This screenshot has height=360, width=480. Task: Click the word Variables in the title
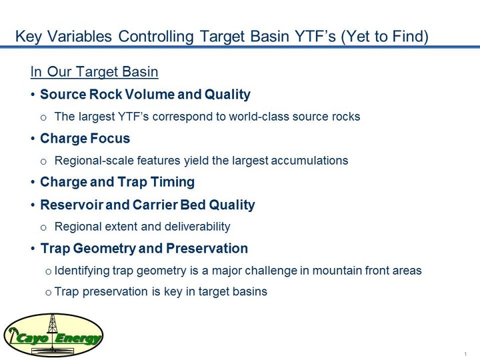80,36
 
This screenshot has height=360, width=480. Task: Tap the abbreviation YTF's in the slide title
315,36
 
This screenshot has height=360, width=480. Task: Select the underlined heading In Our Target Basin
94,72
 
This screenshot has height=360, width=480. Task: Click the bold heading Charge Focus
85,139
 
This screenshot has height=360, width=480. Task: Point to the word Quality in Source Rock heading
227,95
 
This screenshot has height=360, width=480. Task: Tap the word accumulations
309,161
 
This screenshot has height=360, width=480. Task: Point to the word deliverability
197,227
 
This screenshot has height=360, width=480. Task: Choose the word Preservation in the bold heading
207,248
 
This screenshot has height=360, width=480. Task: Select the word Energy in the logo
78,339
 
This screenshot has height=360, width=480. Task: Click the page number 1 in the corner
465,354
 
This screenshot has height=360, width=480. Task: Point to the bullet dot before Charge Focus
33,139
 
